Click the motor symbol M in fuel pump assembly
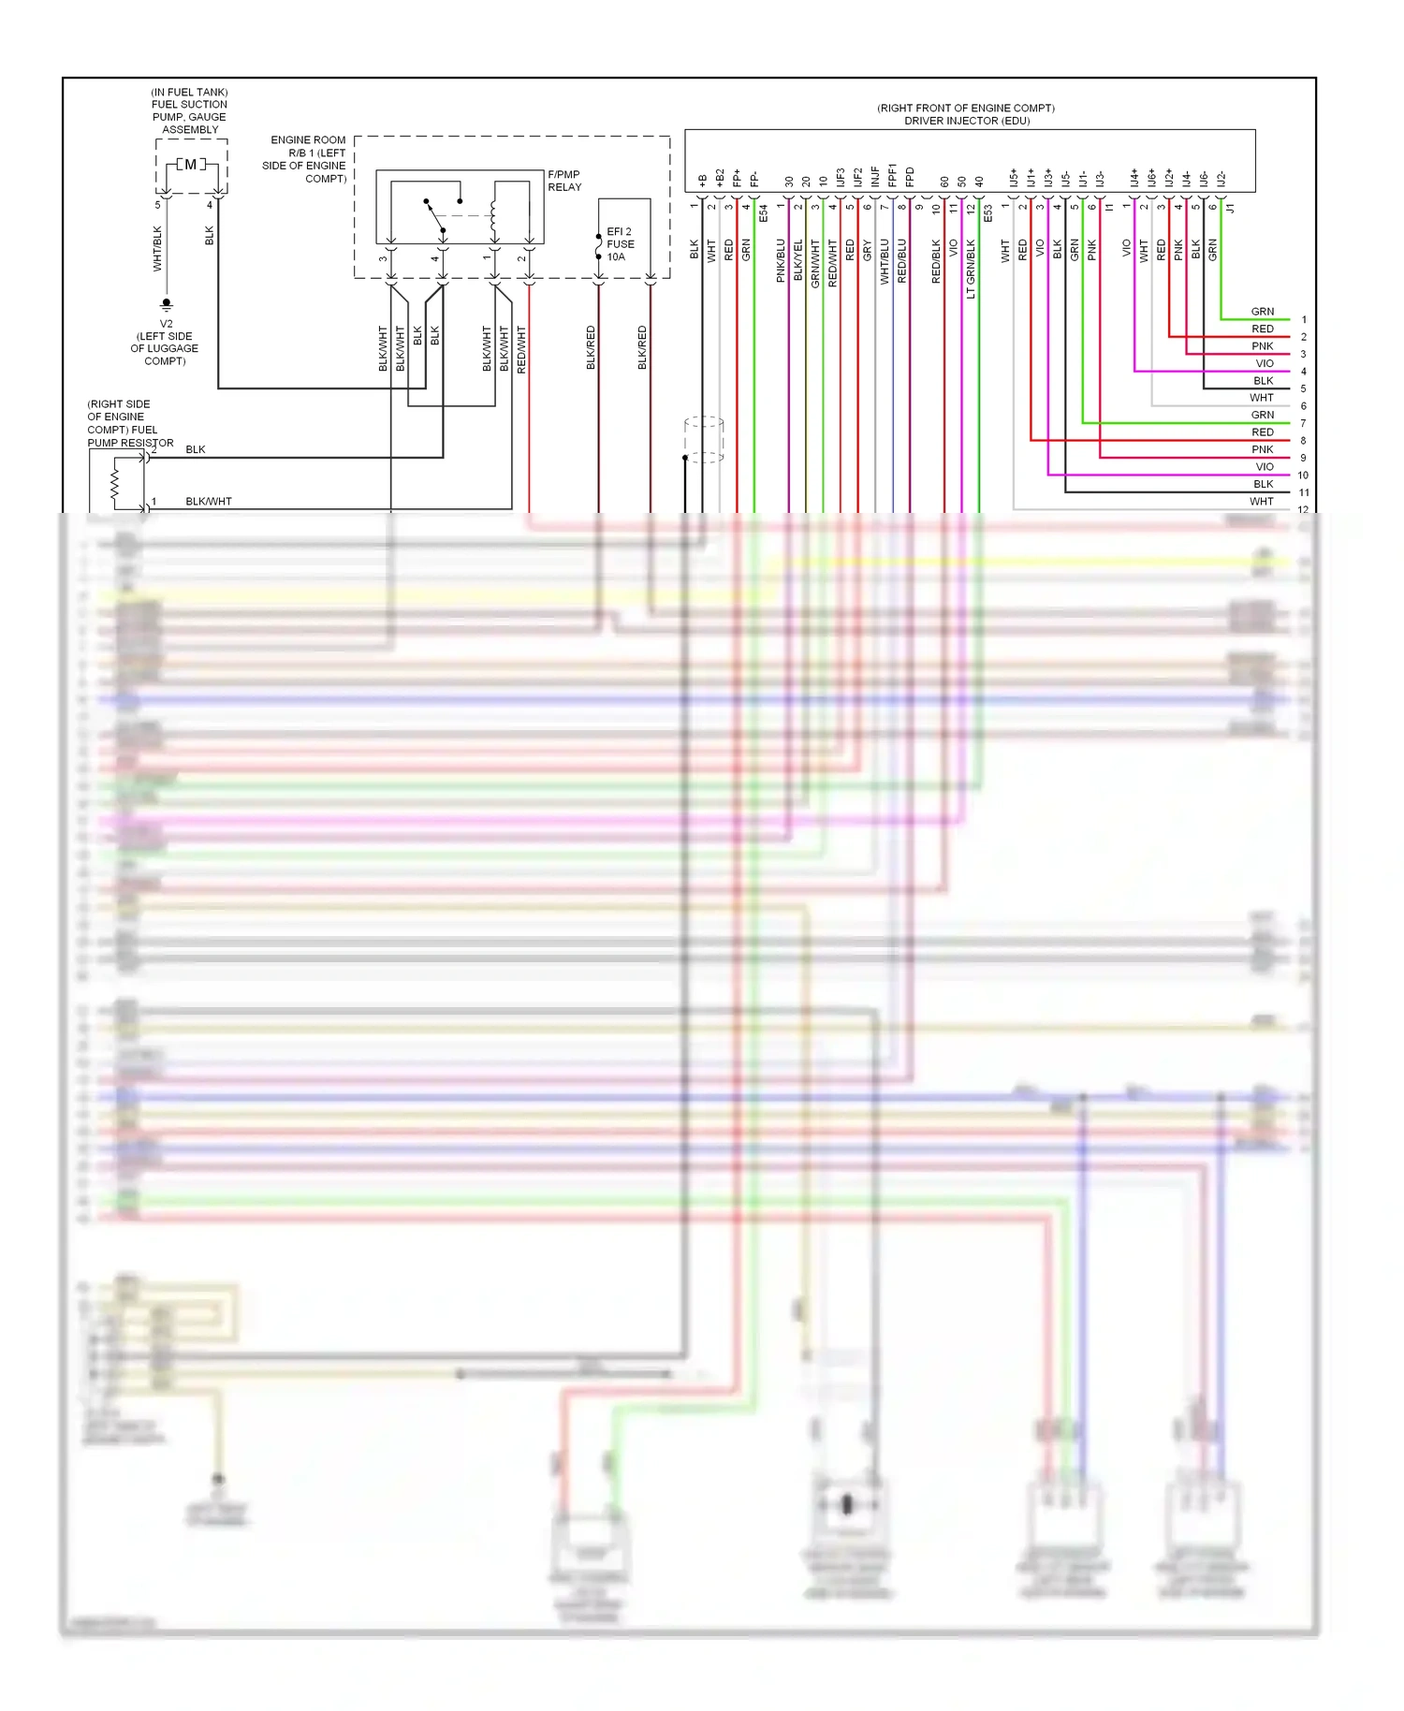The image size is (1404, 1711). pyautogui.click(x=190, y=165)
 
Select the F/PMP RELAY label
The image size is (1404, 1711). pyautogui.click(x=564, y=181)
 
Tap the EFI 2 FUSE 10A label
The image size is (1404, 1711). pyautogui.click(x=620, y=244)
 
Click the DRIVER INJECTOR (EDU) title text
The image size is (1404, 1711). pyautogui.click(x=967, y=121)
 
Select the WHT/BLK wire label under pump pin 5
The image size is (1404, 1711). pyautogui.click(x=157, y=248)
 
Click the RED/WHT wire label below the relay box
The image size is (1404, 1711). pyautogui.click(x=521, y=349)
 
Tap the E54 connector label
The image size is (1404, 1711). pyautogui.click(x=764, y=213)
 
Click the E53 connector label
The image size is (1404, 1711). pyautogui.click(x=987, y=213)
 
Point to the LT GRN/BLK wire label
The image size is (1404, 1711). pyautogui.click(x=971, y=269)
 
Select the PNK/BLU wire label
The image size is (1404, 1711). pyautogui.click(x=781, y=260)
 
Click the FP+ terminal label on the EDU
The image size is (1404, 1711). pyautogui.click(x=737, y=178)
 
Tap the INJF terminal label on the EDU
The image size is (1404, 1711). pyautogui.click(x=875, y=176)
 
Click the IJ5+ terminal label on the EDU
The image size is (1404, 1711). pyautogui.click(x=1013, y=178)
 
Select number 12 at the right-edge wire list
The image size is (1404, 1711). pyautogui.click(x=1303, y=510)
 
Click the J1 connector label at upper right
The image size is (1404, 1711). pyautogui.click(x=1231, y=208)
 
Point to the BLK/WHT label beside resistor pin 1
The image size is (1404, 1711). pyautogui.click(x=209, y=502)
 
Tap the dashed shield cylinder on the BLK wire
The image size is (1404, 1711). pyautogui.click(x=704, y=439)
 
